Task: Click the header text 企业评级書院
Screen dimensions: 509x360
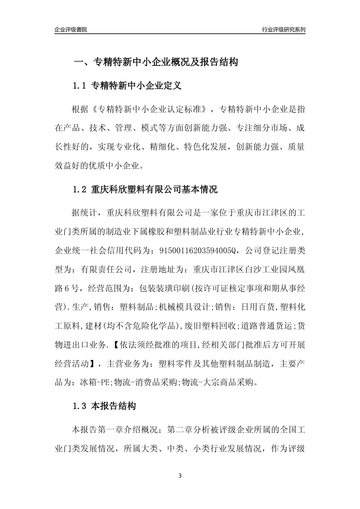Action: [70, 30]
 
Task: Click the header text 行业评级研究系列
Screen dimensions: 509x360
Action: [283, 30]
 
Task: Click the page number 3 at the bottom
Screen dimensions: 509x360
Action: [180, 476]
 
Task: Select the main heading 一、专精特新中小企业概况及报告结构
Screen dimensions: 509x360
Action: [155, 62]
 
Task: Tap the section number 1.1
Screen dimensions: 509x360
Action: [80, 86]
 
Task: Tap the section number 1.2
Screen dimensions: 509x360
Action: [80, 190]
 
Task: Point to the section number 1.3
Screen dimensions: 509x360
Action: [80, 407]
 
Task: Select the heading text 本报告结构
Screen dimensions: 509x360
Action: [114, 407]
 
